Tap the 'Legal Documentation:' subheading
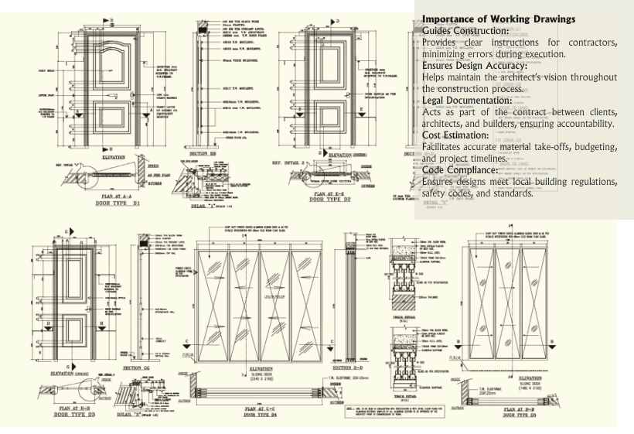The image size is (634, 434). point(466,101)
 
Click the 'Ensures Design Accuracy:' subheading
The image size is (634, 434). point(475,66)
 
